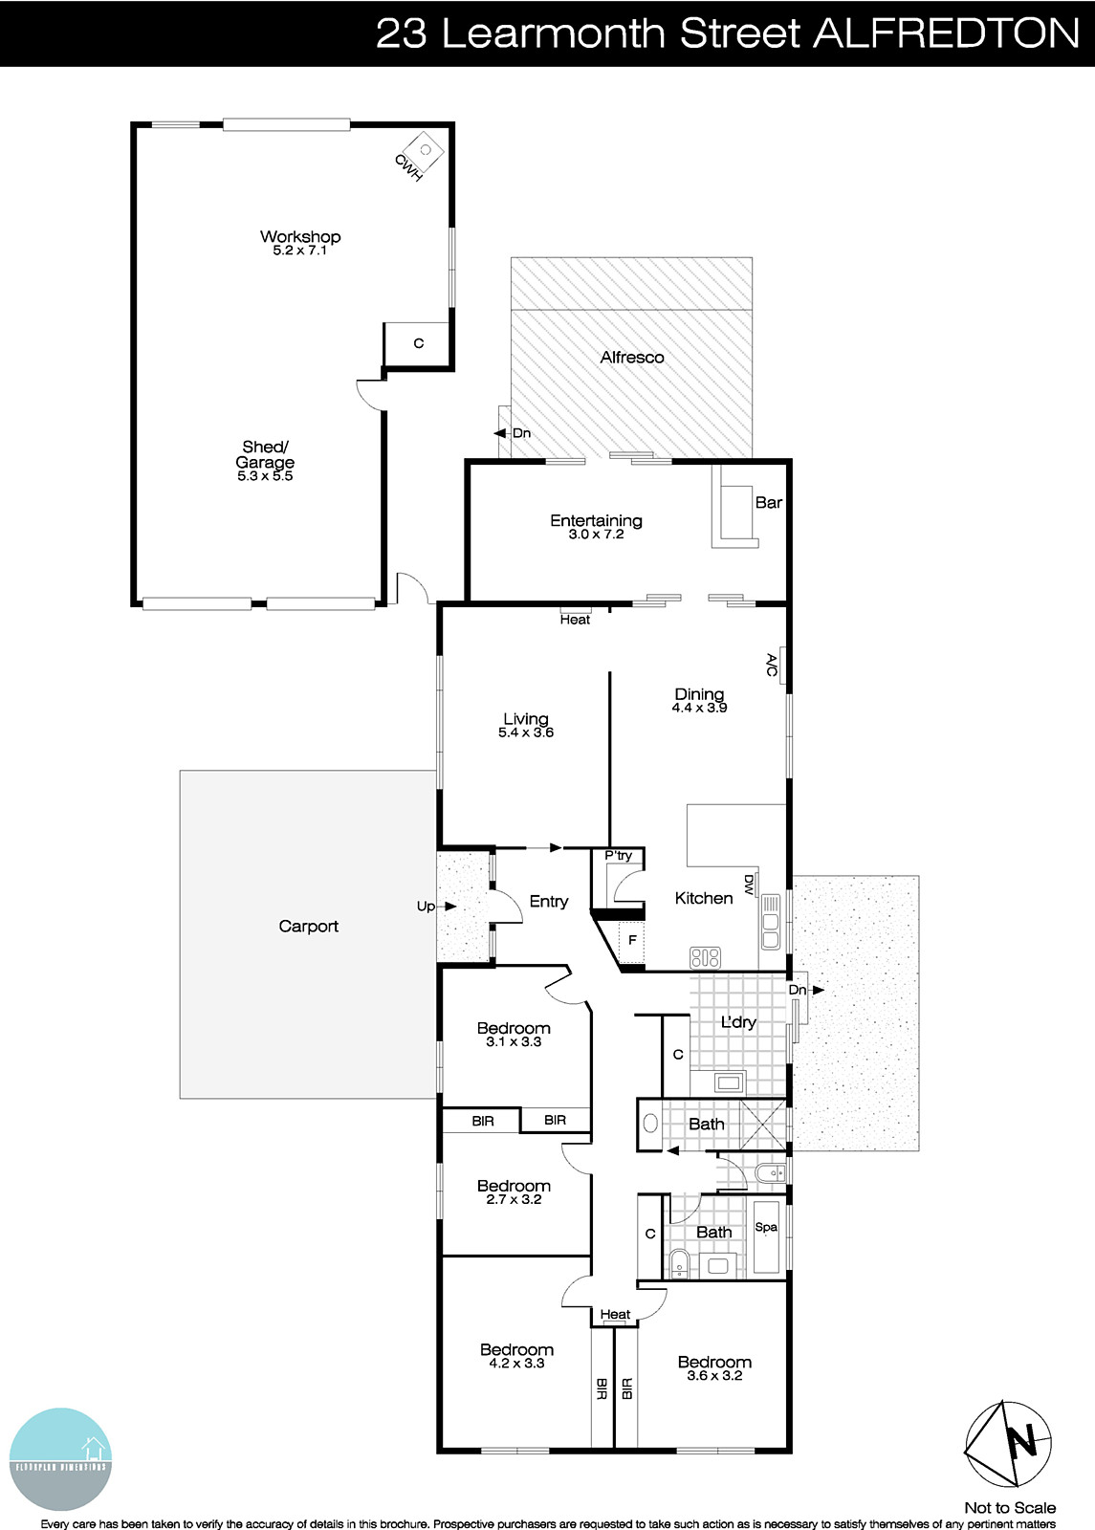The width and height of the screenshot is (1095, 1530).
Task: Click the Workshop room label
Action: (x=300, y=236)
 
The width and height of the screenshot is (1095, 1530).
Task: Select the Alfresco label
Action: (x=631, y=357)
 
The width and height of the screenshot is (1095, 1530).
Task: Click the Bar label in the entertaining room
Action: (x=769, y=502)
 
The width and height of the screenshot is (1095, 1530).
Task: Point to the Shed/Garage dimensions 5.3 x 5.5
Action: (x=265, y=476)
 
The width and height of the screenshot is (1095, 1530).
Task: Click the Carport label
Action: (x=308, y=926)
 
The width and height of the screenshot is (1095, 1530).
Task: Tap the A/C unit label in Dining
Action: (x=773, y=666)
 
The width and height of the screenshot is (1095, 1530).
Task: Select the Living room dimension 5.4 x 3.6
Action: (x=526, y=733)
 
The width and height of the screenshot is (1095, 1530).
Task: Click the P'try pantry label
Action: (x=618, y=856)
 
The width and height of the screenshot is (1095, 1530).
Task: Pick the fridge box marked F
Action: (x=632, y=941)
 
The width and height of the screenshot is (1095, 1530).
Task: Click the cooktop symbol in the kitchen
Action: (x=705, y=956)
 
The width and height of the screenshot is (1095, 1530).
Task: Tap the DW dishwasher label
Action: (x=749, y=885)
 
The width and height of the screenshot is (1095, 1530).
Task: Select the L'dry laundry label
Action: (x=737, y=1022)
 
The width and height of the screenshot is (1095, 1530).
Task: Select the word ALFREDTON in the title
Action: (x=946, y=33)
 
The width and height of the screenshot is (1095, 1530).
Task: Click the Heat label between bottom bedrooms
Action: (x=615, y=1315)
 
